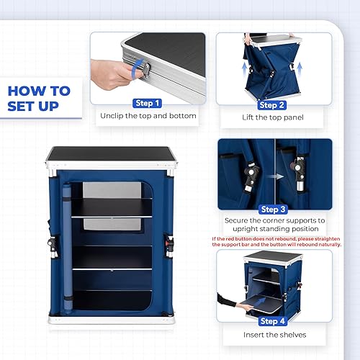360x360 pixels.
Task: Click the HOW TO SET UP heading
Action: (39, 99)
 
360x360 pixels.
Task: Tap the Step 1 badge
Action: (148, 103)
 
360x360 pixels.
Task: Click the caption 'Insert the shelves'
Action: (274, 336)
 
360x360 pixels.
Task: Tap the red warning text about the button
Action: (276, 241)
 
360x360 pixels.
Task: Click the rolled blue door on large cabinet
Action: (67, 245)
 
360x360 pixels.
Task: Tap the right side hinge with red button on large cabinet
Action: (171, 246)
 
